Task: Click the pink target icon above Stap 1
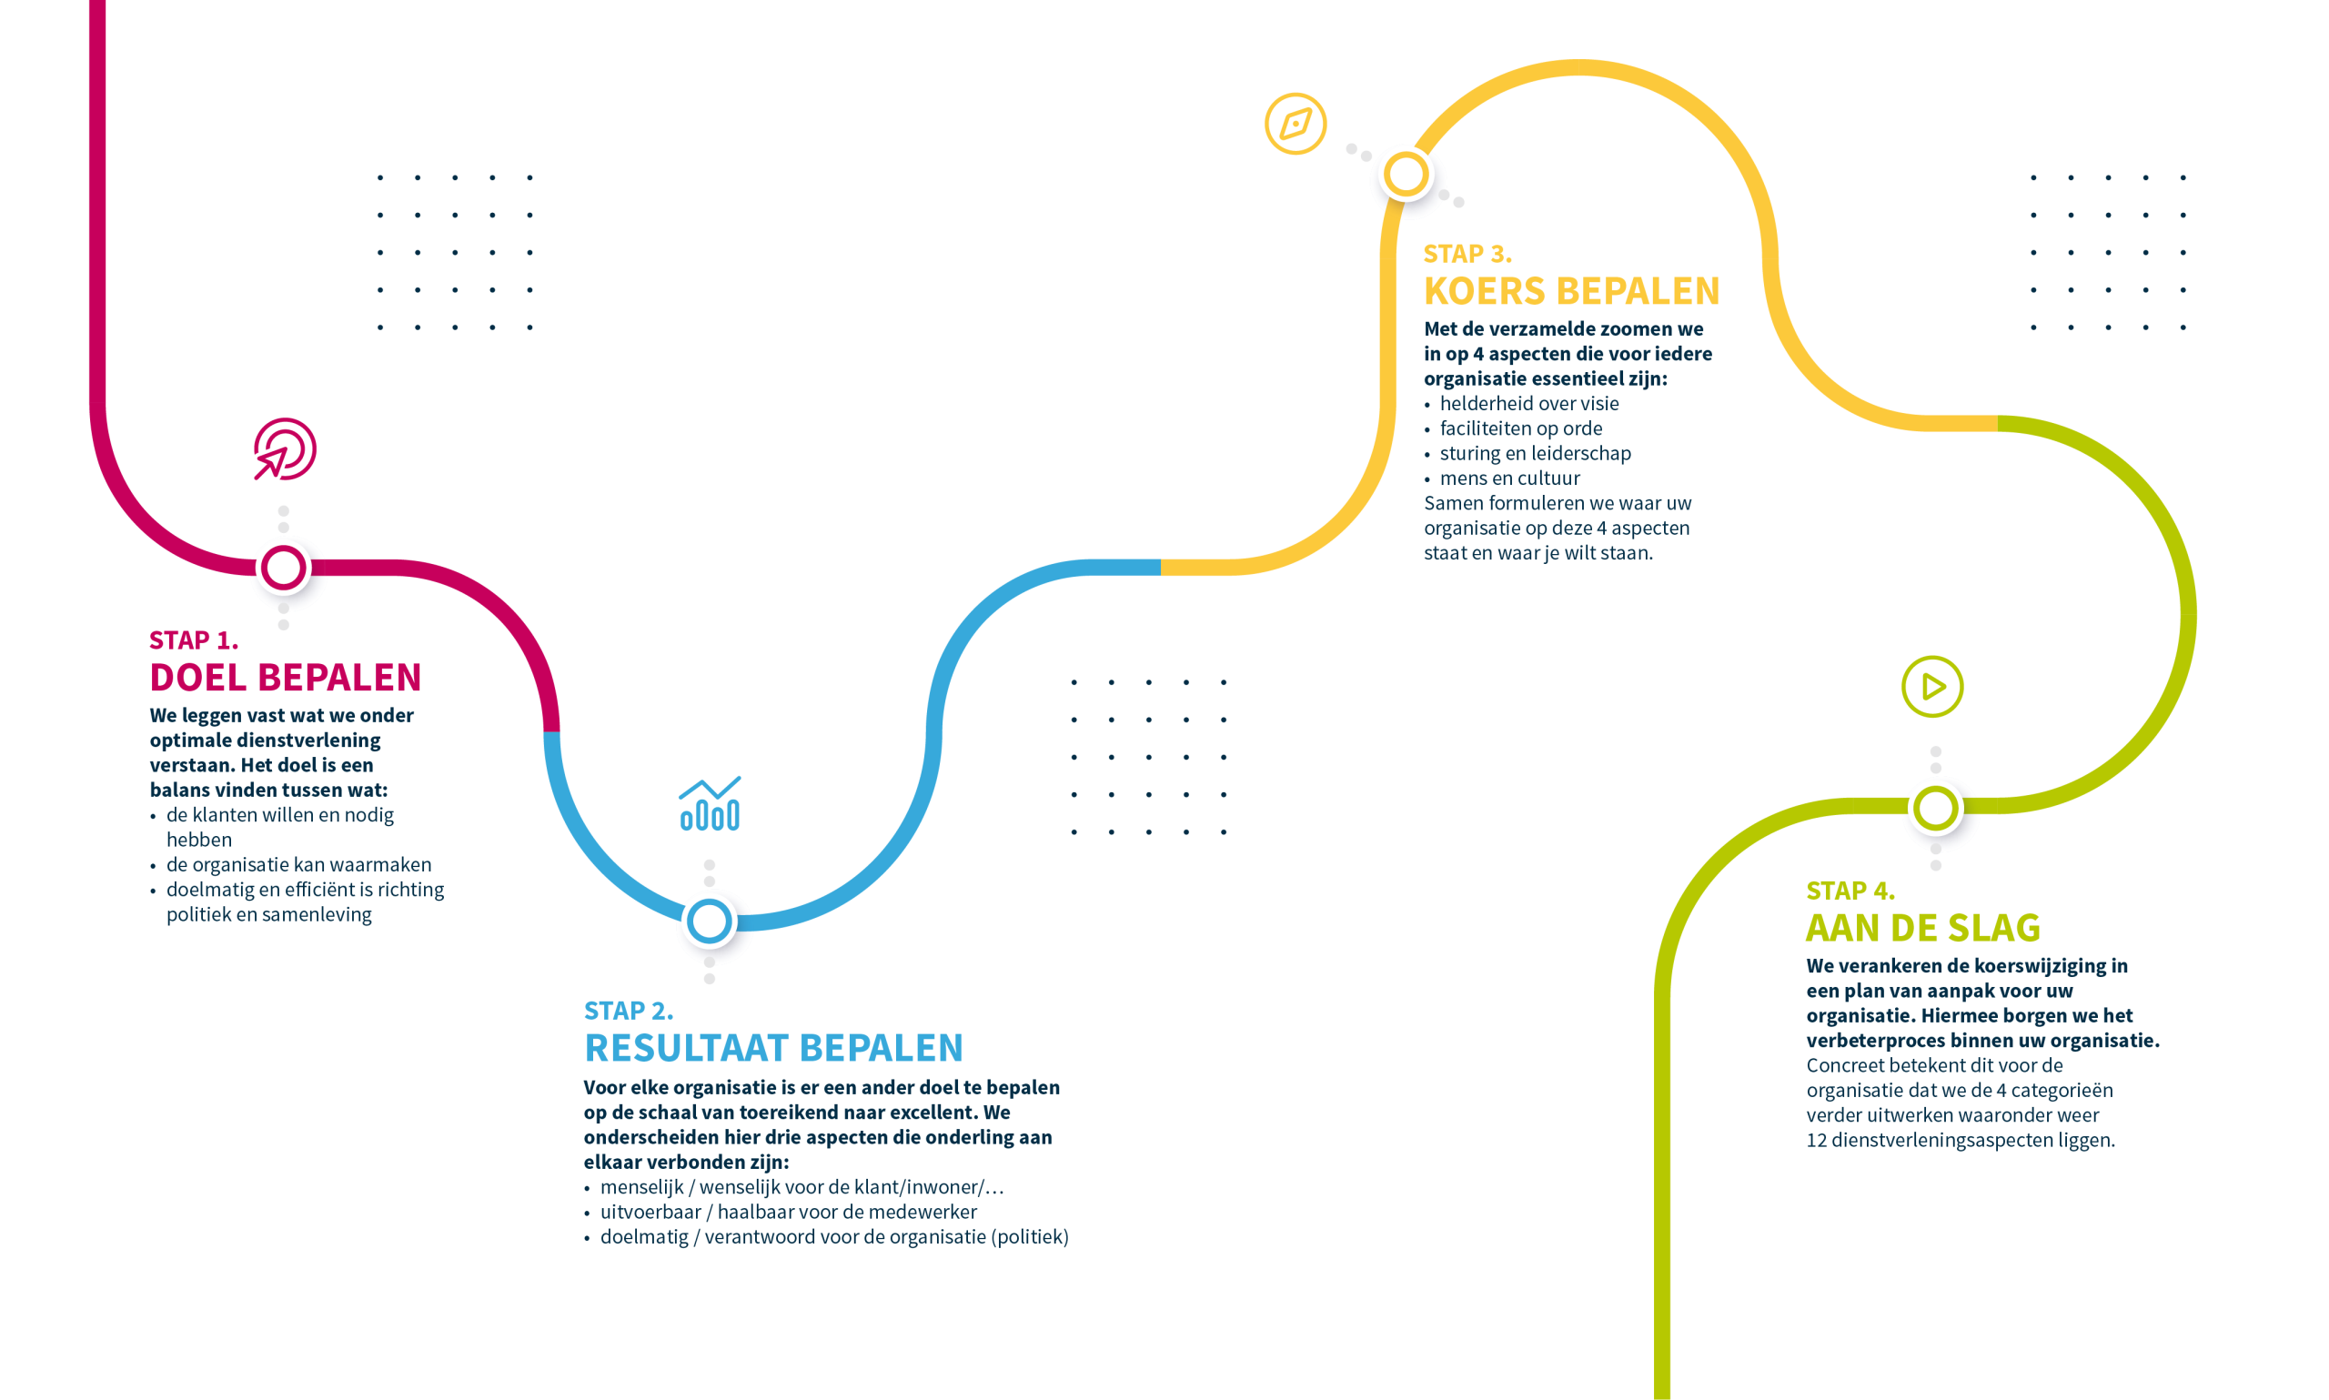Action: pyautogui.click(x=284, y=449)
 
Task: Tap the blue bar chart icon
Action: pyautogui.click(x=710, y=804)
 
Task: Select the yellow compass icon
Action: pyautogui.click(x=1296, y=124)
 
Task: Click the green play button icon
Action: pyautogui.click(x=1931, y=686)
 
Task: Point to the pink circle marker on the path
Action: pyautogui.click(x=283, y=568)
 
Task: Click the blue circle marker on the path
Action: pyautogui.click(x=710, y=921)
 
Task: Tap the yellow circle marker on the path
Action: pyautogui.click(x=1406, y=175)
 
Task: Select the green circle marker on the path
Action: pyautogui.click(x=1935, y=808)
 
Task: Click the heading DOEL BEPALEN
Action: pyautogui.click(x=285, y=678)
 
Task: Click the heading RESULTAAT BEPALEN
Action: pyautogui.click(x=773, y=1048)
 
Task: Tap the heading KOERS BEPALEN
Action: pyautogui.click(x=1571, y=290)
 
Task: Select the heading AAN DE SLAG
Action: pyautogui.click(x=1923, y=927)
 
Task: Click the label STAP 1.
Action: pyautogui.click(x=194, y=640)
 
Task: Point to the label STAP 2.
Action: pyautogui.click(x=629, y=1011)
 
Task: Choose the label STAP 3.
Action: pyautogui.click(x=1467, y=254)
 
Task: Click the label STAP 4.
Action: pyautogui.click(x=1850, y=891)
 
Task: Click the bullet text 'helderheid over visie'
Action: pyautogui.click(x=1529, y=404)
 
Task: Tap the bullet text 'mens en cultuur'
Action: pyautogui.click(x=1509, y=478)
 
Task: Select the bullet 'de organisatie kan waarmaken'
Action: pyautogui.click(x=299, y=865)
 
